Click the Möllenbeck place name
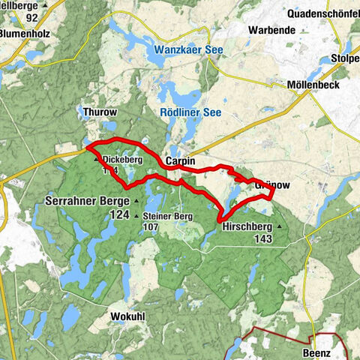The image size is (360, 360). (314, 85)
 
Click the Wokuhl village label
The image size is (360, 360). (127, 315)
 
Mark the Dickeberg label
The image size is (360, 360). (122, 159)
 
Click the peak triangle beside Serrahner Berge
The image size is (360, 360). (136, 202)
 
